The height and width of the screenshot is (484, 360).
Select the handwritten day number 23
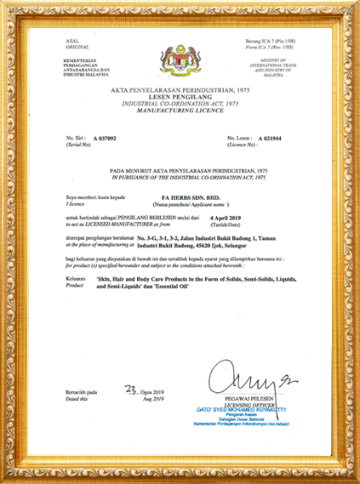click(129, 392)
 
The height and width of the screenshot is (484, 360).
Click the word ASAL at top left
click(72, 40)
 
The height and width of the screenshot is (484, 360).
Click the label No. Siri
click(77, 137)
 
